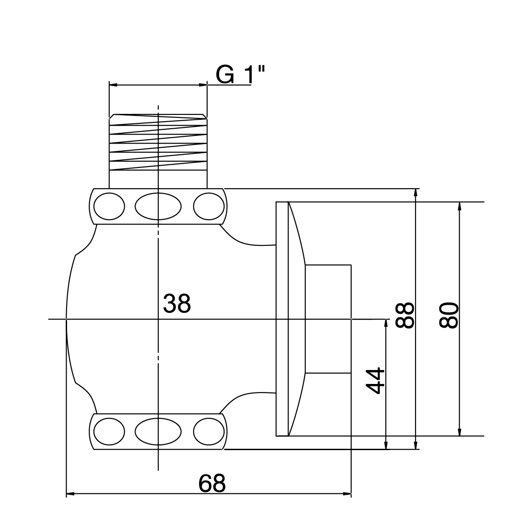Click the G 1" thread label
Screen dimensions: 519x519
pyautogui.click(x=240, y=74)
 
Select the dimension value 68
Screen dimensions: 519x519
pyautogui.click(x=212, y=484)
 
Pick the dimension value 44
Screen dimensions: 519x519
pyautogui.click(x=375, y=381)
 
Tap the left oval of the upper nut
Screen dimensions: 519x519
pyautogui.click(x=108, y=206)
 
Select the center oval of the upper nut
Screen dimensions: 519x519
pyautogui.click(x=158, y=206)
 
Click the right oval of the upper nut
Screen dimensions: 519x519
pyautogui.click(x=208, y=206)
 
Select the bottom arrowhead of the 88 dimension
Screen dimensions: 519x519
pyautogui.click(x=416, y=445)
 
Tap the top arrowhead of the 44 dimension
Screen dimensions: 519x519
pyautogui.click(x=386, y=323)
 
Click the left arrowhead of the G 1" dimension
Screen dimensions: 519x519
pyautogui.click(x=113, y=84)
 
